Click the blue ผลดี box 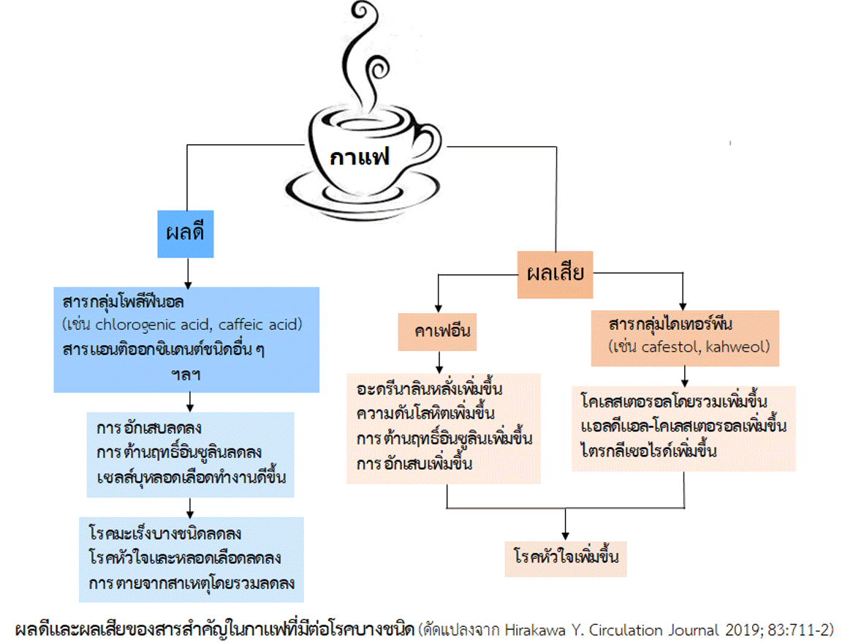(x=186, y=233)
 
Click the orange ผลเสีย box (x=555, y=274)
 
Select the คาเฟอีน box (x=436, y=331)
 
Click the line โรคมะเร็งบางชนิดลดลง (x=164, y=533)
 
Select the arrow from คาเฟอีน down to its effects (x=439, y=361)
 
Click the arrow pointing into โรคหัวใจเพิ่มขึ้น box (x=565, y=525)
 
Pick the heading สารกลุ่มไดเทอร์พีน (x=670, y=324)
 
